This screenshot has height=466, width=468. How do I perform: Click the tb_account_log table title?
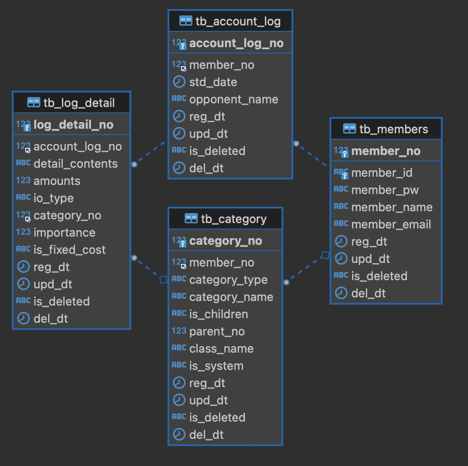coord(238,21)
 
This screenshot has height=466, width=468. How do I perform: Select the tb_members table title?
coord(393,129)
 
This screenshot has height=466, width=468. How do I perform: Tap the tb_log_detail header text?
coord(79,103)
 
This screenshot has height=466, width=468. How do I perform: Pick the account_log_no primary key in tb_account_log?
coord(236,43)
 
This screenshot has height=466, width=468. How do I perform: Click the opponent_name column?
coord(234,99)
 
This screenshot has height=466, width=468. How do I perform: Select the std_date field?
coord(213,82)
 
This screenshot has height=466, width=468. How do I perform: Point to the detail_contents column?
coord(76,164)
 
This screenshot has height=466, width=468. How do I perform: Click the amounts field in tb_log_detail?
coord(57,181)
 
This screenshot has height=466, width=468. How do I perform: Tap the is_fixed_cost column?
coord(70,250)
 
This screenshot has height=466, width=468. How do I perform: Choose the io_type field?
coord(53,198)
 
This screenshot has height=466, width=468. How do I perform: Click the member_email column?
coord(391,224)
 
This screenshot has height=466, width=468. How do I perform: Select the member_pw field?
coord(385,190)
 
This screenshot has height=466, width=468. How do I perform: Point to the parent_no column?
coord(217,331)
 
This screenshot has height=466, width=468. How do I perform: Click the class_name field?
coord(221,349)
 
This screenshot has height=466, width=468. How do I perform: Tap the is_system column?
coord(216,366)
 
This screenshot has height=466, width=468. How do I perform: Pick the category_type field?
coord(228,280)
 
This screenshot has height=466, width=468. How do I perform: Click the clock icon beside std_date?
coord(179,82)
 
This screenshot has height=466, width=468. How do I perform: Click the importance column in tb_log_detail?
coord(64,233)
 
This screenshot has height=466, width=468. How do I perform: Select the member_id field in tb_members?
coord(382,173)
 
